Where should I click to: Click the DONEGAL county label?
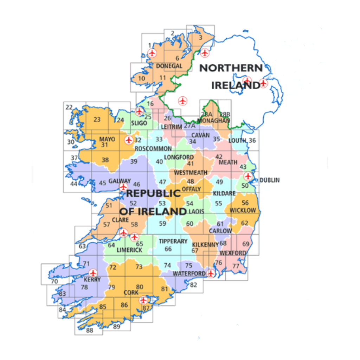[169, 66]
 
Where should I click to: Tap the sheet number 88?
[90, 330]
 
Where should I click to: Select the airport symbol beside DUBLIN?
[248, 176]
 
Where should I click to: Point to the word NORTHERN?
[231, 68]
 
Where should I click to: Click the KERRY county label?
[92, 280]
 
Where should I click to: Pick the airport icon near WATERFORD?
[211, 273]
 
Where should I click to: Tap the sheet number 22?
[69, 107]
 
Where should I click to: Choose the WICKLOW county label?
[243, 210]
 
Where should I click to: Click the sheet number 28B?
[224, 114]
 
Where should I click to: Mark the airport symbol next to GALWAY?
[123, 187]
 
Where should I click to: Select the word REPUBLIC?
[153, 193]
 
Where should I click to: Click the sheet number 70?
[54, 281]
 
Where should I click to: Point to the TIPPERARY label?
[173, 241]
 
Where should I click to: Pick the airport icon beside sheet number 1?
[152, 53]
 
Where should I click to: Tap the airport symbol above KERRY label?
[93, 272]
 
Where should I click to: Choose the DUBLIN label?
[270, 180]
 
